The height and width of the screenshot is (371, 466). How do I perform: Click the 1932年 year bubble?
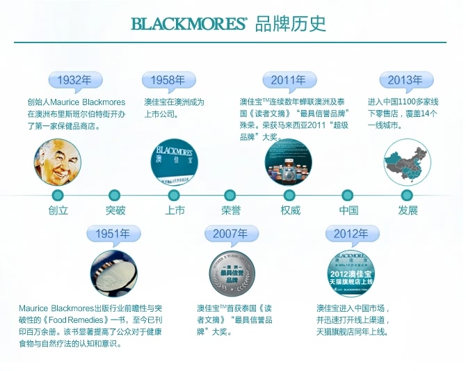pyautogui.click(x=75, y=80)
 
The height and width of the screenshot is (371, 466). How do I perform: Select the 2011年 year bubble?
pyautogui.click(x=289, y=80)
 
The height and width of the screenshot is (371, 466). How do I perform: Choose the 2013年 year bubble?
pyautogui.click(x=405, y=80)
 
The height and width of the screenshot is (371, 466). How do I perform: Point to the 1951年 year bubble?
pyautogui.click(x=113, y=234)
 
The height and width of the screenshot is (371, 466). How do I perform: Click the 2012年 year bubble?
pyautogui.click(x=351, y=234)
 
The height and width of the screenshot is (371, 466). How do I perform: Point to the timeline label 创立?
pyautogui.click(x=58, y=210)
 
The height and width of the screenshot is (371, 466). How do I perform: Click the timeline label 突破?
pyautogui.click(x=115, y=210)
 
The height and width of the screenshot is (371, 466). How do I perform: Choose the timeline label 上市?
pyautogui.click(x=175, y=210)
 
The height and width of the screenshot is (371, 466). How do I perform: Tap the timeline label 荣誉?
pyautogui.click(x=231, y=210)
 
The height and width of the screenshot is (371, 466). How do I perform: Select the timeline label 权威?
pyautogui.click(x=290, y=210)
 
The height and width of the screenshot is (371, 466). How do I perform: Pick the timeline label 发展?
pyautogui.click(x=408, y=210)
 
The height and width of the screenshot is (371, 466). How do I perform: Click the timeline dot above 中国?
pyautogui.click(x=348, y=195)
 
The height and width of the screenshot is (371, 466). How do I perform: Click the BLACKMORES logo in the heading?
pyautogui.click(x=188, y=24)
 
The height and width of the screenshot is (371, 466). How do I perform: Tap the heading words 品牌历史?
pyautogui.click(x=291, y=24)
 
